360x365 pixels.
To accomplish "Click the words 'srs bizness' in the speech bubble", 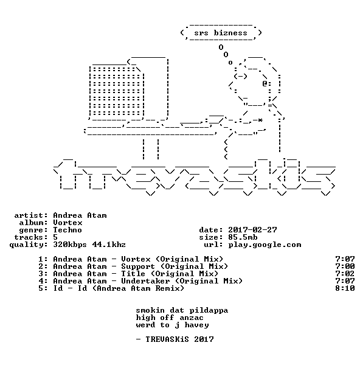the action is [x=221, y=33].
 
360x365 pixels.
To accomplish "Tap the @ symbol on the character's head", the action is [x=265, y=83].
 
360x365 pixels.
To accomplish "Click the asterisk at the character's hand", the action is [x=260, y=120].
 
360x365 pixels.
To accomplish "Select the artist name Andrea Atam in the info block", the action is [x=80, y=215].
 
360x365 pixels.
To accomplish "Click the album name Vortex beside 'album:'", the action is [x=67, y=223].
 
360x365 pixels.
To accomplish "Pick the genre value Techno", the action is [x=67, y=230].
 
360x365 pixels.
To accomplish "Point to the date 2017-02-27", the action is [x=252, y=230].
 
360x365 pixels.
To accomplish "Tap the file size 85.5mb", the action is [x=243, y=237].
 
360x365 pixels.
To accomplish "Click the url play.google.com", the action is [x=265, y=245].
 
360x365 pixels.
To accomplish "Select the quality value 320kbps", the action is [x=70, y=245].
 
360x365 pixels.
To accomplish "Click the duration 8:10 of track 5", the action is [x=345, y=288].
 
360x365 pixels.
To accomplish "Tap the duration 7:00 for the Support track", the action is [x=345, y=266].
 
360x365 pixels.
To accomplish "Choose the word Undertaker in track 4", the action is [x=145, y=281].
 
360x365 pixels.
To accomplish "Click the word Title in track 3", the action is [x=133, y=274].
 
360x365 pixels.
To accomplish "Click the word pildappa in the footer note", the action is [x=209, y=311].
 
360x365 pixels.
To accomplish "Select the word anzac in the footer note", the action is [x=192, y=318].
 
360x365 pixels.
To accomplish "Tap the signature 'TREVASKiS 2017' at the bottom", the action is [x=179, y=339].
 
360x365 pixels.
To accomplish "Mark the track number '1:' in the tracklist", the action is [x=43, y=259].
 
